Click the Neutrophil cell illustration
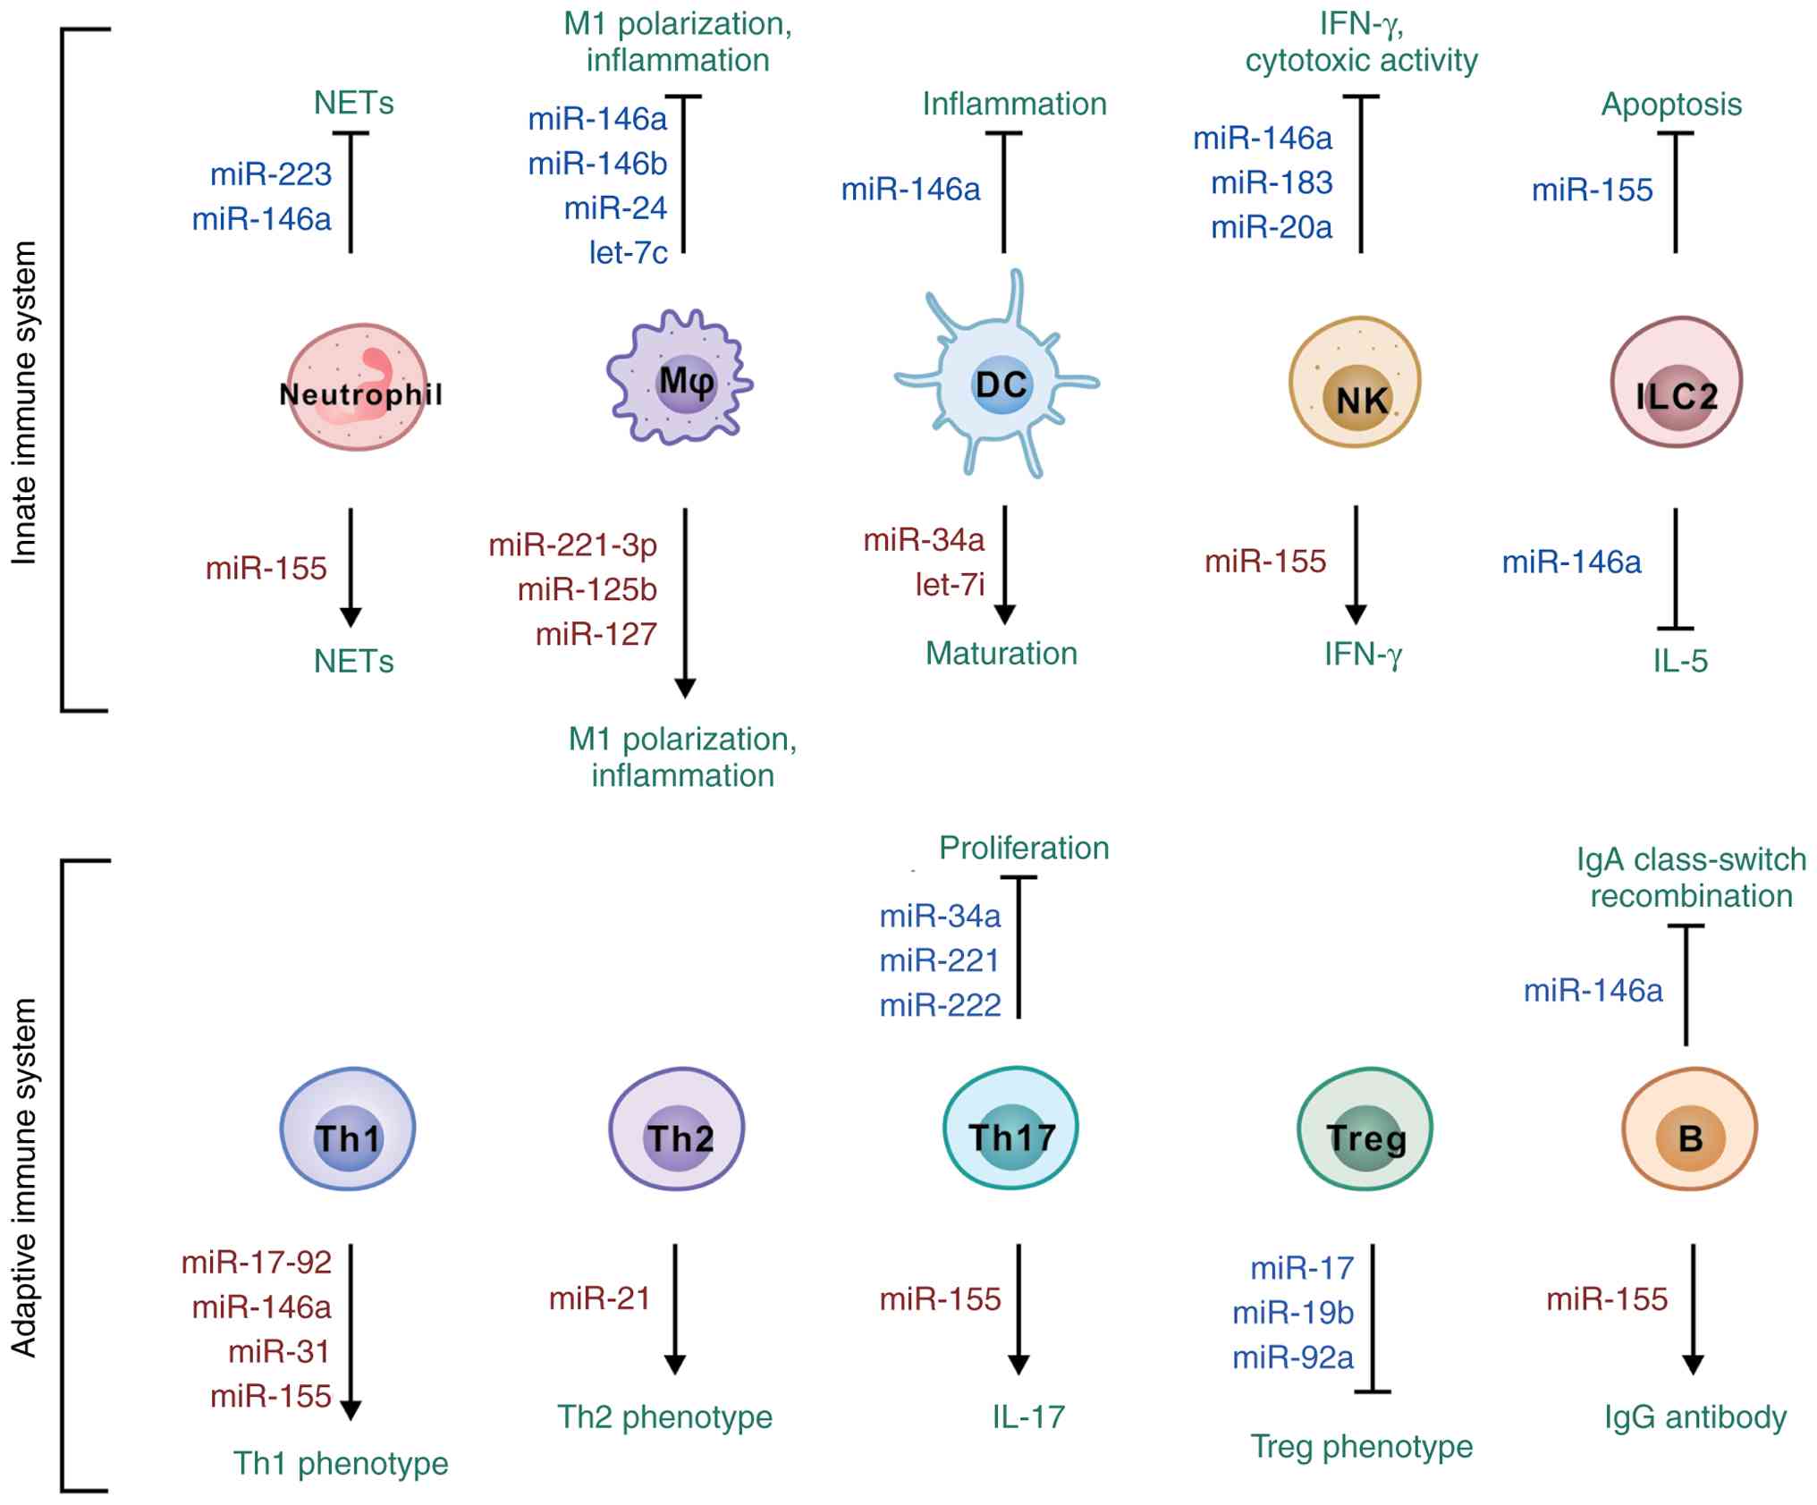[358, 387]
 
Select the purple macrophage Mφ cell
[680, 379]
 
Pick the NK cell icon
[1356, 382]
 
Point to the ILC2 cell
[1677, 382]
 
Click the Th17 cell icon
[1011, 1128]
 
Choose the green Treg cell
[1365, 1129]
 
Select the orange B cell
[1689, 1129]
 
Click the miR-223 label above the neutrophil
[271, 173]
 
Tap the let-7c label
[628, 253]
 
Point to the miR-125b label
[587, 590]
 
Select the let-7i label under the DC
[949, 585]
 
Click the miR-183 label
[1272, 183]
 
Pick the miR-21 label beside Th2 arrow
[599, 1298]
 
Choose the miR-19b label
[1293, 1313]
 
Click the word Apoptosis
[1670, 105]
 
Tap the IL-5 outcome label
[1679, 662]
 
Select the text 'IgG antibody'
[1694, 1417]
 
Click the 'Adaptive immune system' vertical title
[24, 1178]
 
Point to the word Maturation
[1001, 654]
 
